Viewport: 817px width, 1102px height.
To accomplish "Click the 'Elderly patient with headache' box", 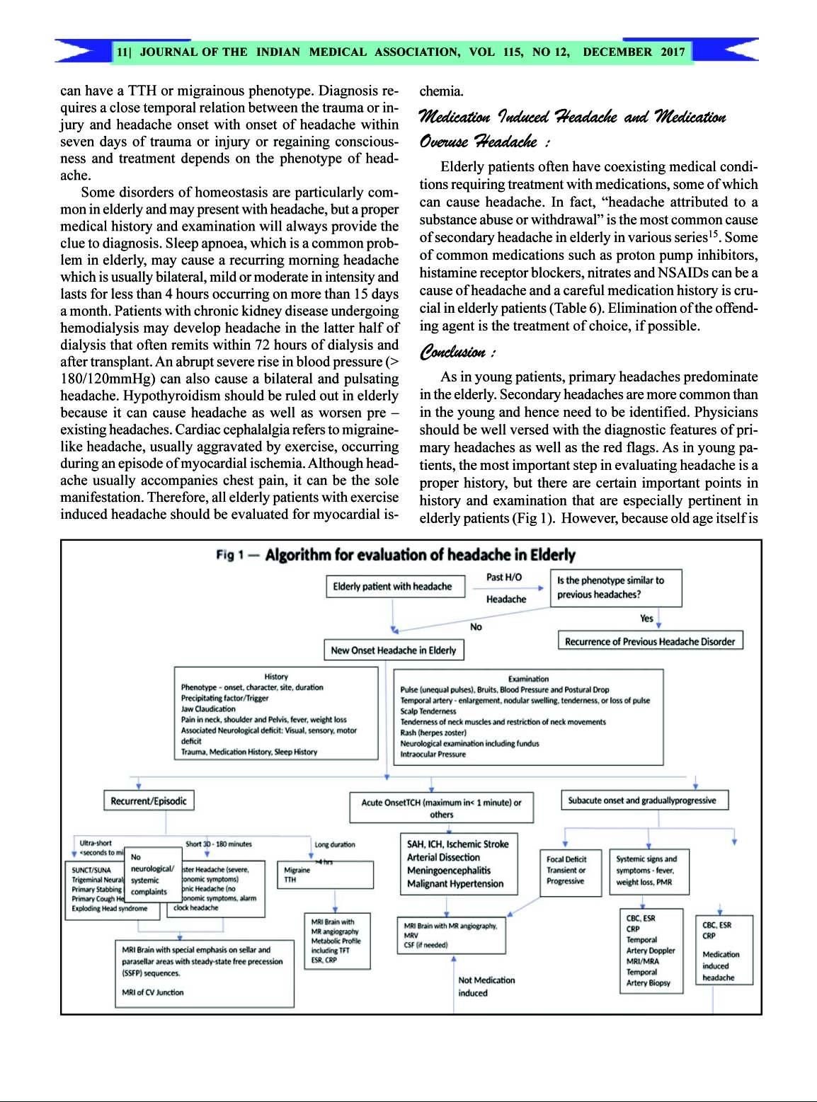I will click(x=392, y=587).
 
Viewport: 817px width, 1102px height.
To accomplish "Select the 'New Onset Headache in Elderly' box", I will click(x=393, y=650).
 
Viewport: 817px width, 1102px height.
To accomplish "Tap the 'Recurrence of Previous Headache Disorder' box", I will click(x=650, y=641).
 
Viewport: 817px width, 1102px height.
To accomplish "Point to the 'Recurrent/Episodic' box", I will click(x=149, y=800).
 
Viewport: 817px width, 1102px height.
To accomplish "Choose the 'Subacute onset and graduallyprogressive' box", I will click(x=644, y=800).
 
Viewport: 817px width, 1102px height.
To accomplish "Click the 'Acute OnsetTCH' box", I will click(x=441, y=808).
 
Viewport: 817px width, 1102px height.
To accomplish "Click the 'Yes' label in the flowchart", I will click(x=646, y=618).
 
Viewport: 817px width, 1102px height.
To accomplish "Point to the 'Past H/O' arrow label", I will click(x=504, y=577).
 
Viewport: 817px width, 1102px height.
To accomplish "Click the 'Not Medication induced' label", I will click(x=486, y=986).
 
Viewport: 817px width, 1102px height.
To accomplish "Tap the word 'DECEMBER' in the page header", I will click(x=617, y=52).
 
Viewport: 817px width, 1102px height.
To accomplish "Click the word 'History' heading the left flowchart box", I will click(x=275, y=677).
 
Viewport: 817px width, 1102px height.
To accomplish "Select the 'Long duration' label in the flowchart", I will click(x=335, y=844).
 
